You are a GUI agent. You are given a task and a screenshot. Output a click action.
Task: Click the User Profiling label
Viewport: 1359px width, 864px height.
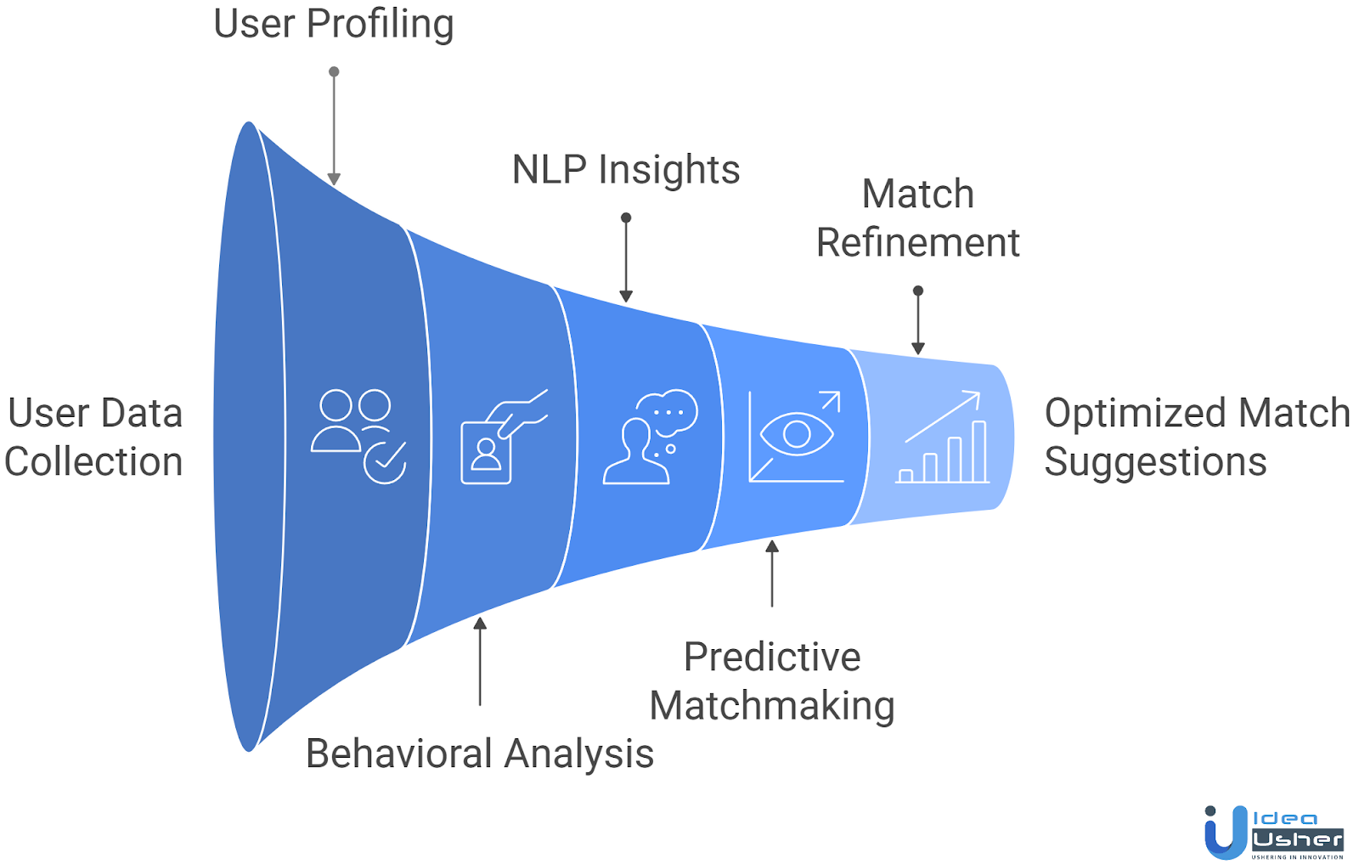[333, 24]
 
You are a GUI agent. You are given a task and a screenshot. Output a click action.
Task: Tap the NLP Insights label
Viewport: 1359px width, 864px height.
[626, 170]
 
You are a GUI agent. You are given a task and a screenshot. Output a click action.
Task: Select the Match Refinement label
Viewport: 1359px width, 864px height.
[917, 218]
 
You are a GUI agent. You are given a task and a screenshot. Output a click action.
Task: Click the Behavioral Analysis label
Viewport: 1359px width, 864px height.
[480, 754]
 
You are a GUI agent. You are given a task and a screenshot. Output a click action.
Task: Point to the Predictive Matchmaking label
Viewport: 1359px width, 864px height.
[772, 680]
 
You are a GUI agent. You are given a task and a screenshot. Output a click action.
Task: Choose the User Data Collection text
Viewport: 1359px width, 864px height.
[94, 438]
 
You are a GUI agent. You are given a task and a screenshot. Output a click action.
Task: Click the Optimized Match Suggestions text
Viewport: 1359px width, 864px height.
[1196, 438]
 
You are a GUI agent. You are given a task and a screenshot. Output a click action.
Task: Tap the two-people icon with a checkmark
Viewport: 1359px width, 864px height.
[358, 436]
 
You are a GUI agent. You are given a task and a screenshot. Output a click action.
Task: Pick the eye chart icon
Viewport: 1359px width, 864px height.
[795, 436]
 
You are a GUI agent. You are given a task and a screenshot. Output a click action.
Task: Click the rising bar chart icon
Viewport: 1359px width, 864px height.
[943, 437]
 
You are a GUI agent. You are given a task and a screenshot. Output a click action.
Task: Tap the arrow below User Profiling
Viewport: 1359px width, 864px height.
[334, 127]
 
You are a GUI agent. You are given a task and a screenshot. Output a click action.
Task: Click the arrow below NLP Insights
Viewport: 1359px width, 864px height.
[626, 259]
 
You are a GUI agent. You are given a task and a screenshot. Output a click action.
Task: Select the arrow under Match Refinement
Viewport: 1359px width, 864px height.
[917, 321]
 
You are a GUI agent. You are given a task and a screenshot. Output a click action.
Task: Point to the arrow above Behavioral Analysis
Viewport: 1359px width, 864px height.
[480, 661]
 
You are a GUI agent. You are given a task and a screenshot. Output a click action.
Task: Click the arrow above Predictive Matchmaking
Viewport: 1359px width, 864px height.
[772, 573]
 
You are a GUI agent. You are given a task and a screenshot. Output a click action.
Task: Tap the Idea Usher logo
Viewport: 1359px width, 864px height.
[1273, 833]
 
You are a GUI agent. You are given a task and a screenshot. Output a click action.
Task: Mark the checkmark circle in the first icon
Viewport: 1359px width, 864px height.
[385, 462]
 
